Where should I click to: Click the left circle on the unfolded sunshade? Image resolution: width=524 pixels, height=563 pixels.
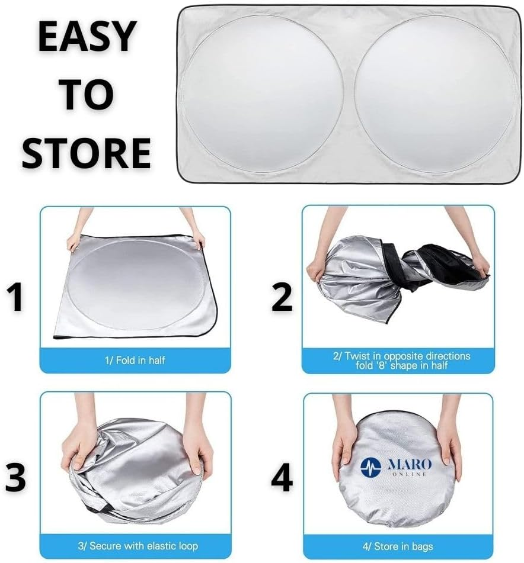coord(263,94)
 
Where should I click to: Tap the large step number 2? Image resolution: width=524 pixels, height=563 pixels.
coord(282,298)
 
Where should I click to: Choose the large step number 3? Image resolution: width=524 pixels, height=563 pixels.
coord(16,477)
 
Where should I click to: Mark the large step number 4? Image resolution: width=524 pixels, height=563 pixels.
coord(282,477)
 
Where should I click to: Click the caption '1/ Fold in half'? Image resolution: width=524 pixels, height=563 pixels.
coord(135,360)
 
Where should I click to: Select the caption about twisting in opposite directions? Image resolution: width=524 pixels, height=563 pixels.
coord(398,361)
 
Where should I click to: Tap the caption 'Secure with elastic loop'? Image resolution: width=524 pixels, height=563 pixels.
coord(136,545)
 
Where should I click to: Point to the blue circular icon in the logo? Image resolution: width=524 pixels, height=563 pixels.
coord(370,467)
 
